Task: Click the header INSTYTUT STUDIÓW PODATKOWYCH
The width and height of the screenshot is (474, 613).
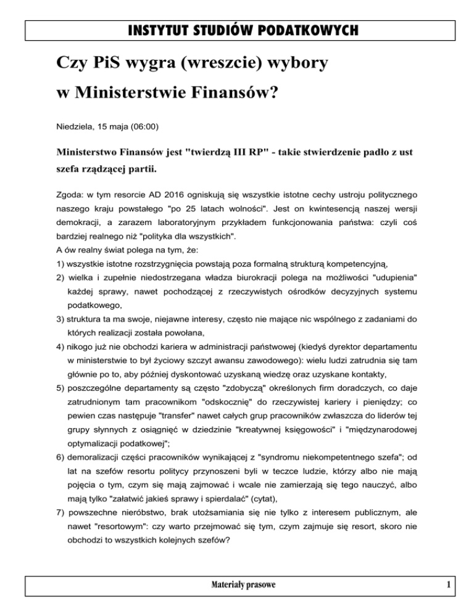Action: pyautogui.click(x=236, y=30)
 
